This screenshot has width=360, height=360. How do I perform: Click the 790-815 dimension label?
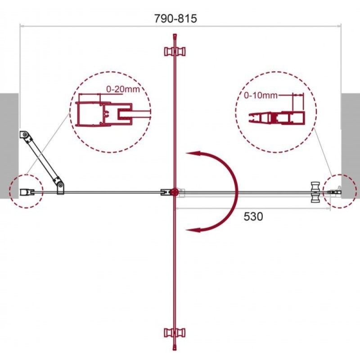[175, 18]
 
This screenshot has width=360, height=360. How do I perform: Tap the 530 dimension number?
[253, 216]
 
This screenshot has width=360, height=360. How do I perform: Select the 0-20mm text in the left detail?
[123, 89]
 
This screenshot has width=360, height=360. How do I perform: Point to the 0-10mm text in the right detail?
[261, 95]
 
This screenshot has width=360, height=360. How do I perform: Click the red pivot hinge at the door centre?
[175, 192]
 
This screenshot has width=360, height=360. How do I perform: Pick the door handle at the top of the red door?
[175, 51]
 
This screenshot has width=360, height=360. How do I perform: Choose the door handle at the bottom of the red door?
[175, 333]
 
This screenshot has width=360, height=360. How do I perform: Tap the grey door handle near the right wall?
[315, 192]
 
